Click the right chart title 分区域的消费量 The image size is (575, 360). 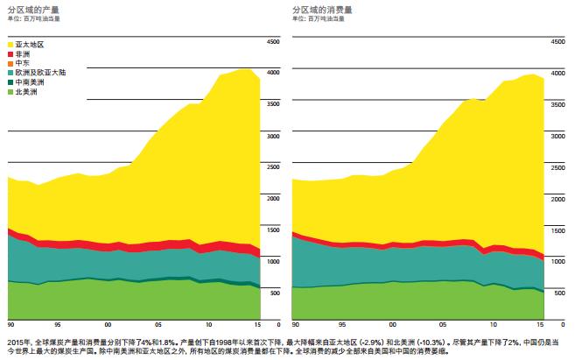317,7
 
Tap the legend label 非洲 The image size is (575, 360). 24,53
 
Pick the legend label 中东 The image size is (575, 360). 24,63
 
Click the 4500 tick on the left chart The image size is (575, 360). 272,42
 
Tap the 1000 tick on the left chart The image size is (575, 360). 272,262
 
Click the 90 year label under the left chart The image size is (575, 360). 9,324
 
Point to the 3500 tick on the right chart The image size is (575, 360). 557,104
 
